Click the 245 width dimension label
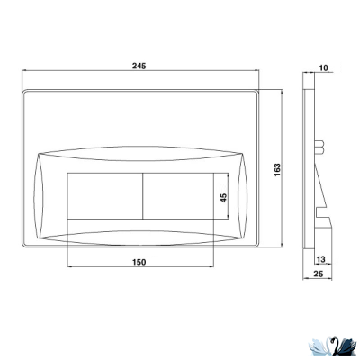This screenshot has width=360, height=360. (x=139, y=66)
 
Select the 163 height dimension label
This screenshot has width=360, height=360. (x=277, y=170)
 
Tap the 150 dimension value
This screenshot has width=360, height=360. (x=139, y=262)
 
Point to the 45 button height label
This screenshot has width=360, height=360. (x=223, y=198)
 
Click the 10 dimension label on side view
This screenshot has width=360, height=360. (x=324, y=67)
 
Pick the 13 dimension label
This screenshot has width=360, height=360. (x=320, y=259)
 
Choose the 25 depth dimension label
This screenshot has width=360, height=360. (x=319, y=274)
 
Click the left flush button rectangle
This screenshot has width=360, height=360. (x=105, y=196)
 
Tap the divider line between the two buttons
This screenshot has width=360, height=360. (x=143, y=196)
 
